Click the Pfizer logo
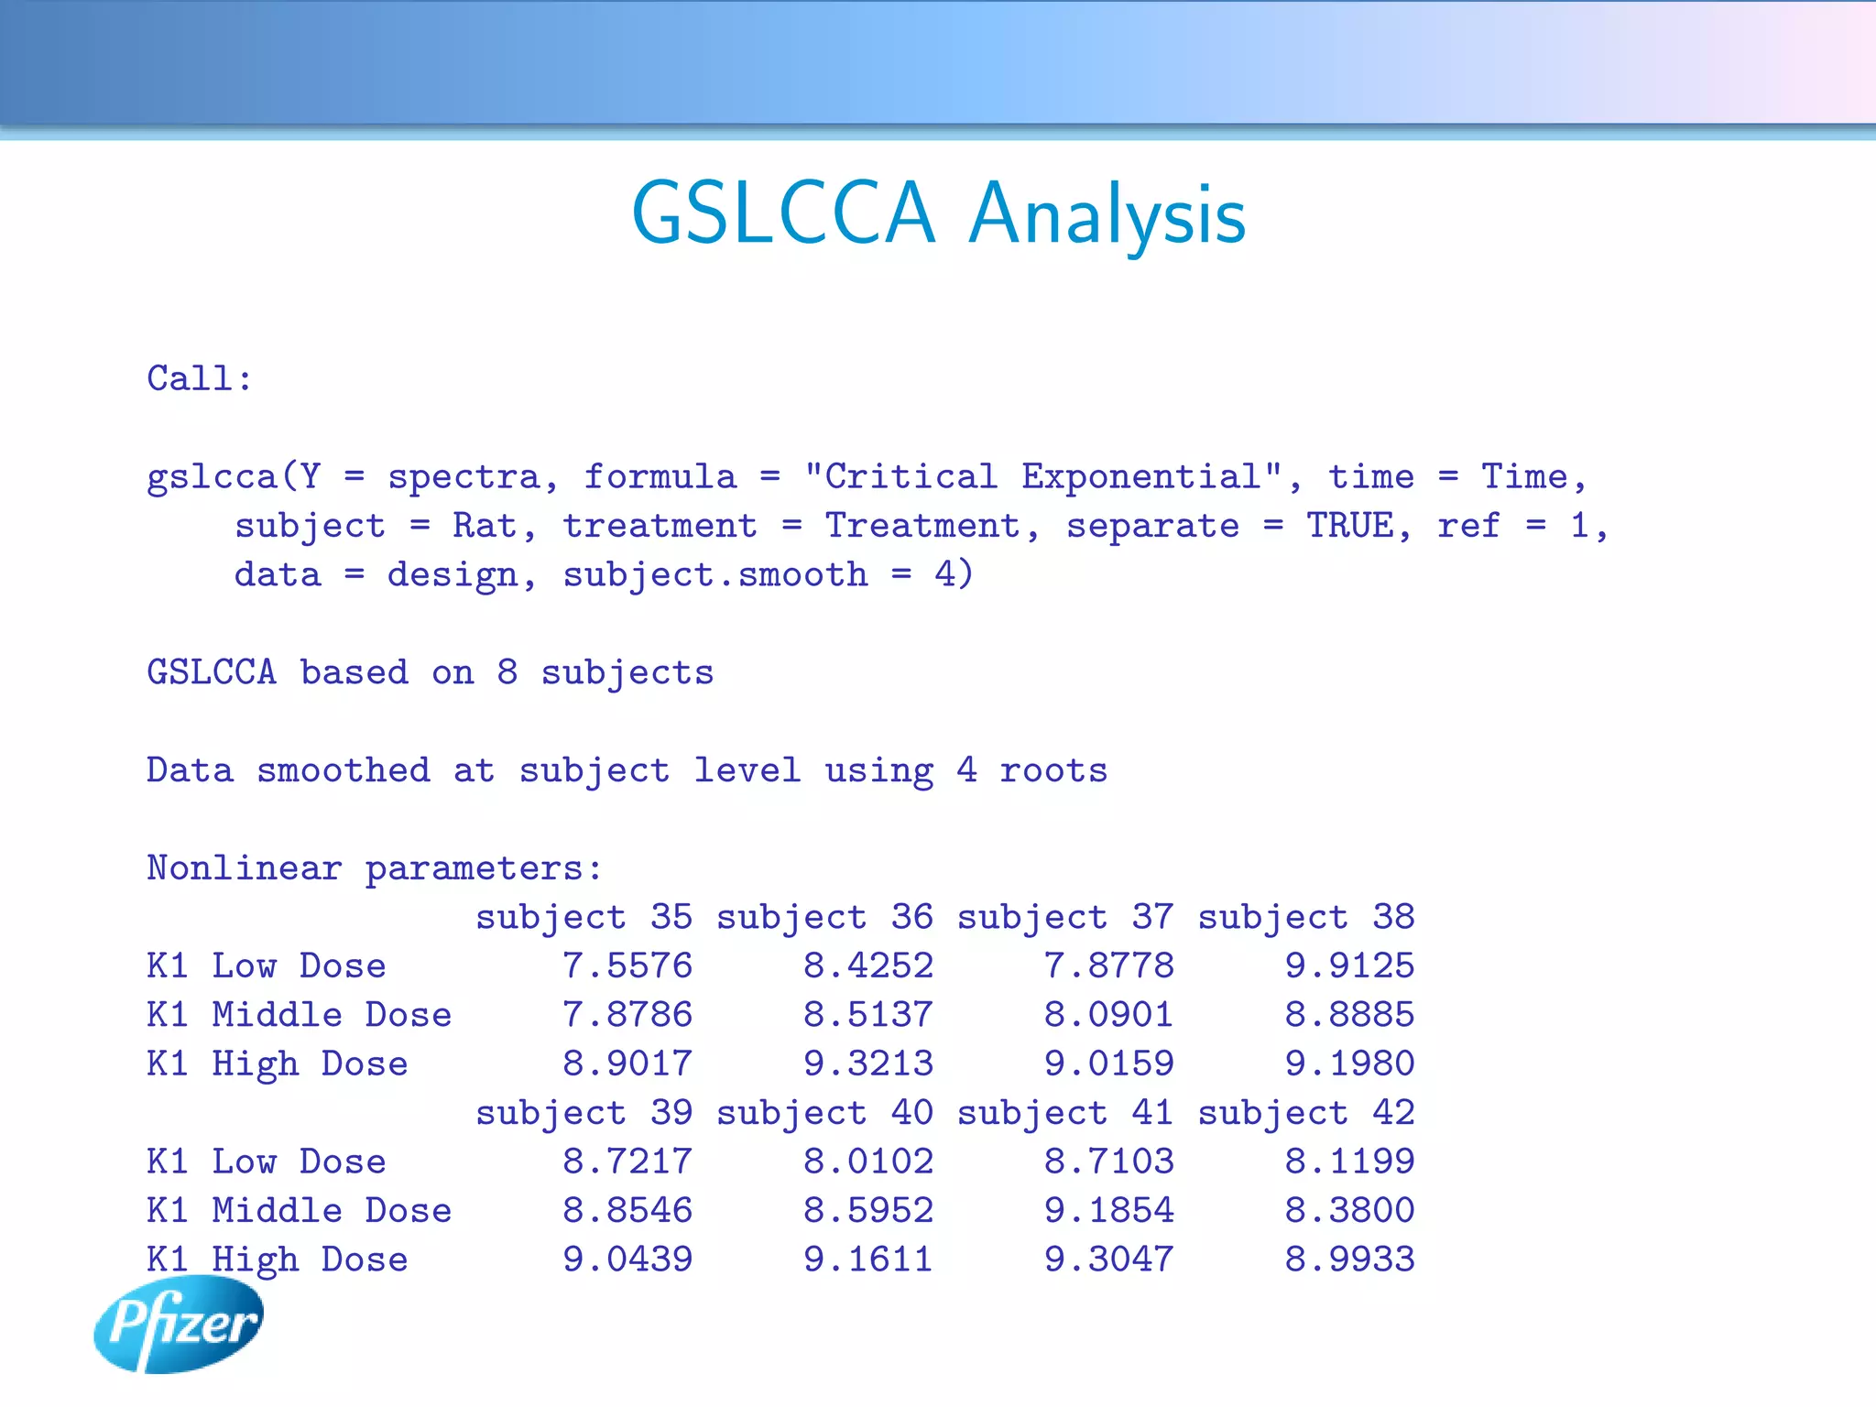tap(179, 1324)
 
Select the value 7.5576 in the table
tap(627, 965)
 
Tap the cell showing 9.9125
tap(1349, 965)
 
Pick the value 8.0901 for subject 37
tap(1108, 1015)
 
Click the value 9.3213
tap(868, 1063)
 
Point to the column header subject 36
tap(824, 917)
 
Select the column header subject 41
tap(1065, 1113)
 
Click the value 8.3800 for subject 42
tap(1349, 1210)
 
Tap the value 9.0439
tap(627, 1260)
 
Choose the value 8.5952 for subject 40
tap(868, 1210)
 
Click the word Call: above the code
tap(200, 378)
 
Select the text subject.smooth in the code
tap(714, 575)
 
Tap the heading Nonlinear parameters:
tap(375, 867)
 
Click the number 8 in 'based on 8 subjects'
tap(507, 672)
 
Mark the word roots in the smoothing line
tap(1053, 770)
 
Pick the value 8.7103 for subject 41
tap(1108, 1162)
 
